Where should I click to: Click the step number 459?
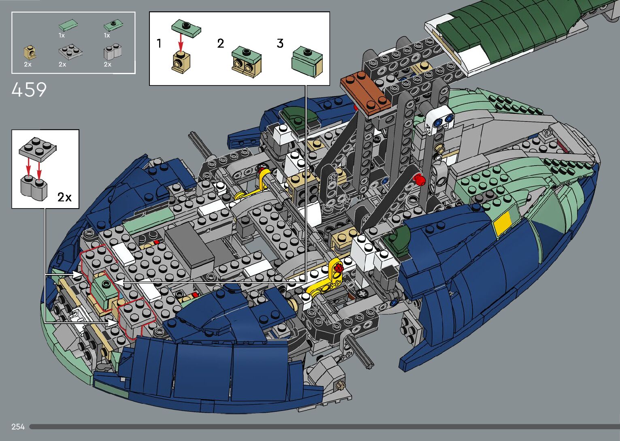[29, 89]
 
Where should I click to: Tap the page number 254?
[18, 426]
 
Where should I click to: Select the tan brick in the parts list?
[30, 53]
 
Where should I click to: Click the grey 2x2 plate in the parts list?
[70, 51]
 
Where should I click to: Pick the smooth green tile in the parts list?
[68, 26]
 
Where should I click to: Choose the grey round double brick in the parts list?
[112, 52]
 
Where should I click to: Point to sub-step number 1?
[159, 43]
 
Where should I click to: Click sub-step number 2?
[220, 43]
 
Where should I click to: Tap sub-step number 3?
[280, 43]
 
